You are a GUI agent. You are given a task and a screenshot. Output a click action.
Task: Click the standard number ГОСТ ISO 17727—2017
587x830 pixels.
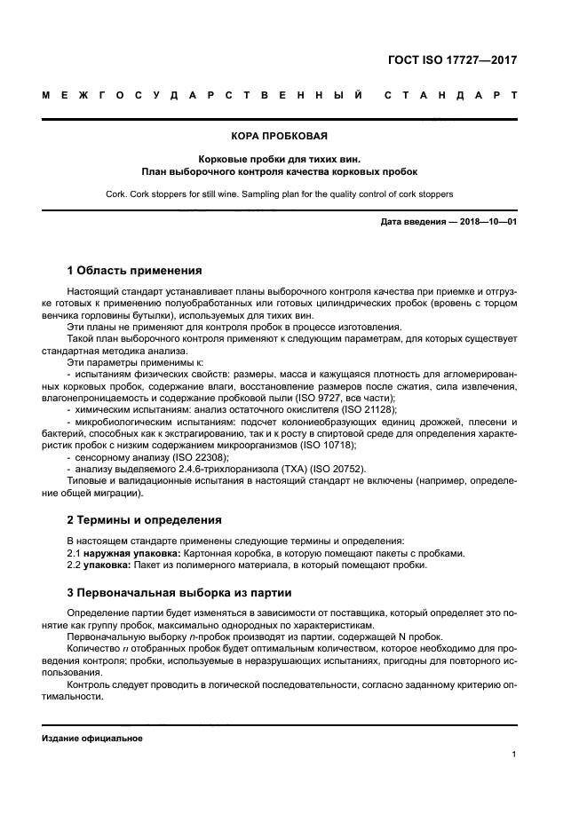coord(452,60)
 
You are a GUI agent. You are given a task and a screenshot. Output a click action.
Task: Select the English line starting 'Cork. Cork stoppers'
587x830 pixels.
coord(280,193)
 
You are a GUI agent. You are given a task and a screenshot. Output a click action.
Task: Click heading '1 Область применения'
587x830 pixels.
coord(135,270)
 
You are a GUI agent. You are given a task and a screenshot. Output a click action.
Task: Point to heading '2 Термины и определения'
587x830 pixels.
coord(145,519)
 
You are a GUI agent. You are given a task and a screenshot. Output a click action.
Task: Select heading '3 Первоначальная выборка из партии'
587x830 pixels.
coord(178,592)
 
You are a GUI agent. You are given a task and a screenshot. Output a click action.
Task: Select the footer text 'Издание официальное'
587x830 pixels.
coord(92,739)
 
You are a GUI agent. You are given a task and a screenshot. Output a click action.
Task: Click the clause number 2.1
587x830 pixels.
coord(74,553)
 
